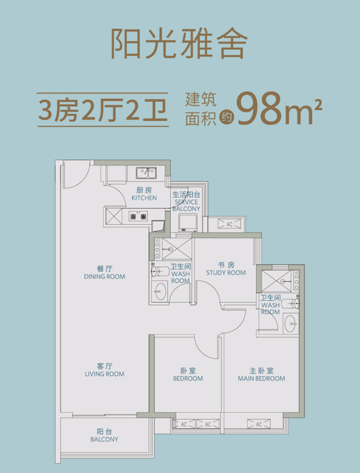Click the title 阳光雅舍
click(x=179, y=44)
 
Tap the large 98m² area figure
click(x=280, y=109)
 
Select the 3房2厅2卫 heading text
click(x=103, y=110)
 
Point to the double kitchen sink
click(x=146, y=173)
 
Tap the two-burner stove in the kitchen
click(x=139, y=216)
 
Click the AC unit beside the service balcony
click(x=229, y=224)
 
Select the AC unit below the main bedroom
click(x=259, y=424)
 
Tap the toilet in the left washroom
click(x=158, y=271)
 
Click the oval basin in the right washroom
click(x=290, y=324)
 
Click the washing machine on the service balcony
click(x=188, y=221)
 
